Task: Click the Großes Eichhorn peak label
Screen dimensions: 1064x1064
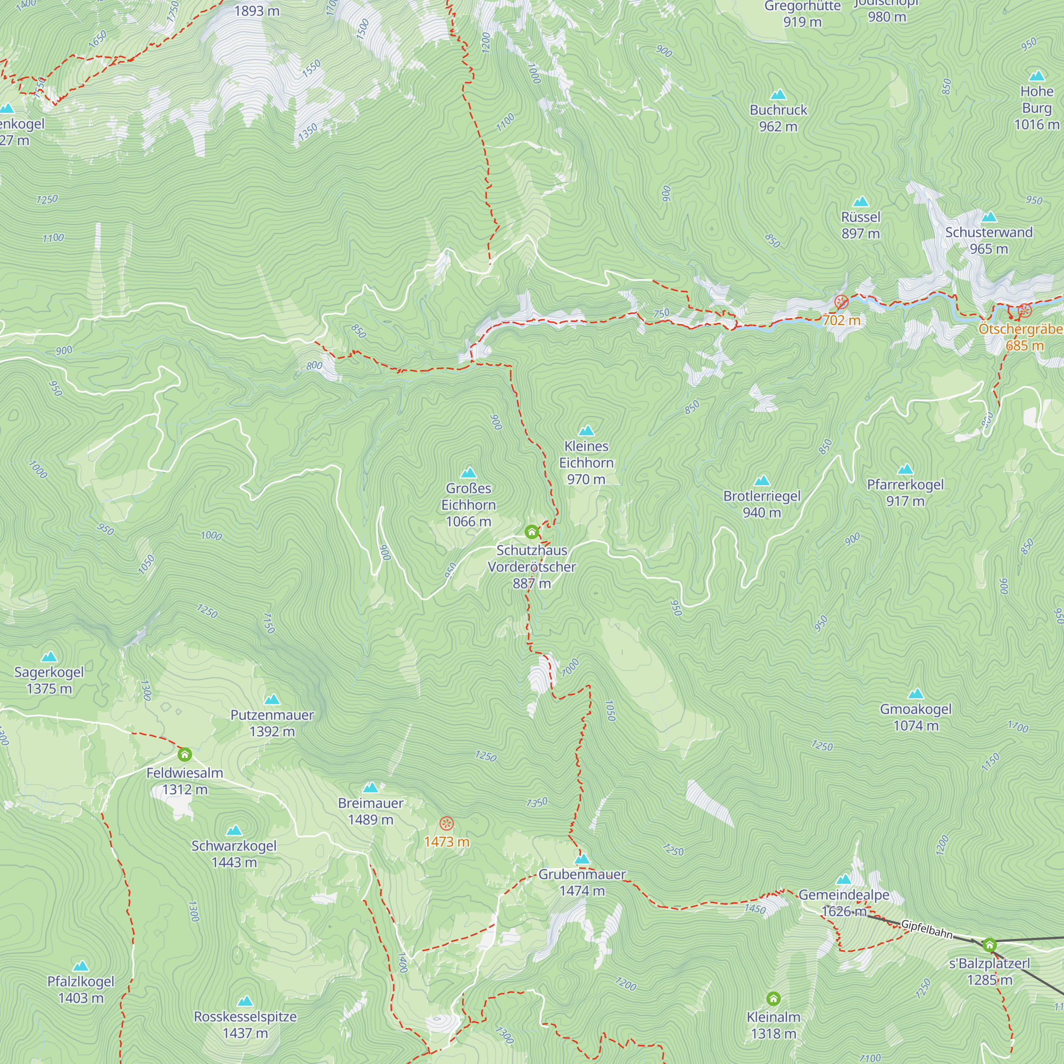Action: tap(468, 504)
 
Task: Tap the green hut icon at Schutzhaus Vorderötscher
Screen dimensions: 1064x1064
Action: tap(531, 532)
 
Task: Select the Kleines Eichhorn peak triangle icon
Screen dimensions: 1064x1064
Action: tap(586, 431)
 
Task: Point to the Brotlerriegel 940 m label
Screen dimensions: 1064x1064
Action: tap(762, 504)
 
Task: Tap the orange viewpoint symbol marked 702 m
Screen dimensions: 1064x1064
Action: tap(841, 302)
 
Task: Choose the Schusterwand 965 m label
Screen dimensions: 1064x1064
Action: tap(988, 240)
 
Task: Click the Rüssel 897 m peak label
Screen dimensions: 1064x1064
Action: tap(860, 225)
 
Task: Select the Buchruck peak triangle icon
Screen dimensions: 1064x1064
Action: tap(778, 95)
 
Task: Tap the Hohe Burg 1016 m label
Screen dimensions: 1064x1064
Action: tap(1036, 108)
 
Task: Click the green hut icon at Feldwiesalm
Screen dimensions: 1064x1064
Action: tap(185, 754)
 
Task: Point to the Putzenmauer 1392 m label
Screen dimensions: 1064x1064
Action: tap(272, 722)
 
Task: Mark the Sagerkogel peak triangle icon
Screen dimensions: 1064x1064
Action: tap(49, 656)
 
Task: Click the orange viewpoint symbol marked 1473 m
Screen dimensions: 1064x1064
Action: tap(447, 824)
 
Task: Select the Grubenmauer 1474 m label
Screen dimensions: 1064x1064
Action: tap(581, 882)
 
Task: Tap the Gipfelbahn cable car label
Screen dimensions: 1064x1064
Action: tap(926, 929)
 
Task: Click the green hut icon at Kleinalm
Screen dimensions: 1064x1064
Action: tap(773, 999)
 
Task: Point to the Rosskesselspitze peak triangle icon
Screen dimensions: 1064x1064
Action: tap(245, 1001)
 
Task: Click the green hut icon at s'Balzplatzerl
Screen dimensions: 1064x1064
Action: tap(990, 945)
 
